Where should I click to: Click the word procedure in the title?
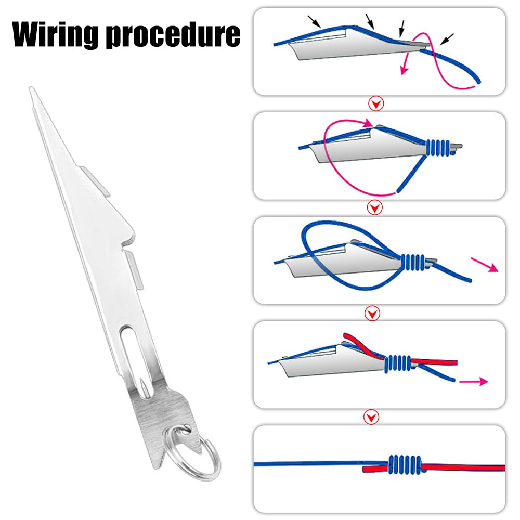[x=173, y=34]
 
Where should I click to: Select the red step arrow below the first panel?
[x=376, y=104]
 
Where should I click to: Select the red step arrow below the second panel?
[x=375, y=208]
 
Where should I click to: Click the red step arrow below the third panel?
[x=372, y=313]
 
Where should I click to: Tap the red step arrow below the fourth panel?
[x=371, y=417]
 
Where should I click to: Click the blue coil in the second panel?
[x=438, y=148]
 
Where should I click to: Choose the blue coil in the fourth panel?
[x=398, y=364]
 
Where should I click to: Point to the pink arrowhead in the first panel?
[x=404, y=69]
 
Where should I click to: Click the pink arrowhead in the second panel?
[x=368, y=123]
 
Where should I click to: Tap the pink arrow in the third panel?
[x=485, y=265]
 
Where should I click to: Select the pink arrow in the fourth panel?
[x=474, y=382]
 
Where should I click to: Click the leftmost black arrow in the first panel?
[x=314, y=21]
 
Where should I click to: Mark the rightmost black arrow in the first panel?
[x=447, y=39]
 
